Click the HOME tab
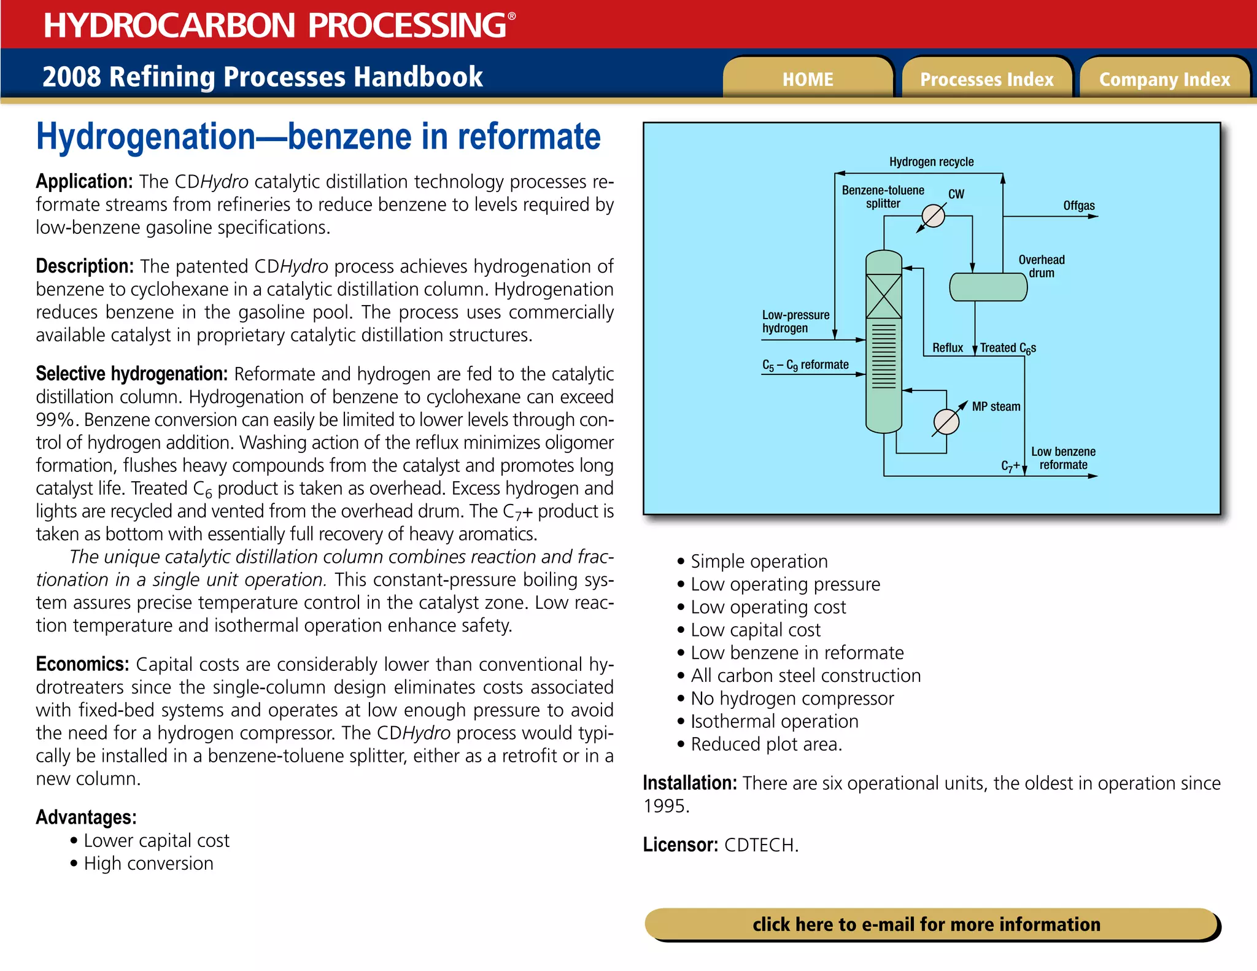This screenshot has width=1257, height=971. pos(807,79)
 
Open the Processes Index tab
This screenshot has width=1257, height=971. pos(986,79)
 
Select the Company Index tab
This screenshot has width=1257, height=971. pos(1164,79)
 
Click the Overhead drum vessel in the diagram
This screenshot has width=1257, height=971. pos(988,287)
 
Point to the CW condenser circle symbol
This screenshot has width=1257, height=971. pos(933,215)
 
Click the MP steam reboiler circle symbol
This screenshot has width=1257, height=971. pos(946,422)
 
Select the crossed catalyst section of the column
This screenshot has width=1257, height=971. pos(883,296)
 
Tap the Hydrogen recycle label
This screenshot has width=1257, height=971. pos(931,162)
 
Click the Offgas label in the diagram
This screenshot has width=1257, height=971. pos(1078,206)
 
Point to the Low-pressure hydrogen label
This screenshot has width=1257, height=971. pos(795,322)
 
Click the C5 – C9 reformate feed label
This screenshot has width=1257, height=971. pos(805,365)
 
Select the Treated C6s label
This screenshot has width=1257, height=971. pos(1008,348)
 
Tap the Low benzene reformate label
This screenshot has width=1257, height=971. pos(1063,458)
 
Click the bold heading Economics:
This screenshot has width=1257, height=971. pos(82,664)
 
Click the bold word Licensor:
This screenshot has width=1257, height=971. pos(680,845)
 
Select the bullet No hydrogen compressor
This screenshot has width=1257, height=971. pos(792,698)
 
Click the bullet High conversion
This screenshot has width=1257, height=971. pos(149,864)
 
